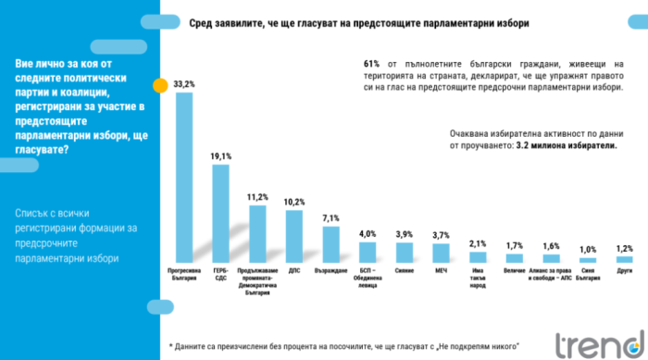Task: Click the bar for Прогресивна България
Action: coord(184,176)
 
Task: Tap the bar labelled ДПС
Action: coord(294,237)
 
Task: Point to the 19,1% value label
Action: coord(221,156)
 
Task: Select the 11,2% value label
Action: coord(257,197)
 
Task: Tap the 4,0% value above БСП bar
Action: coord(368,233)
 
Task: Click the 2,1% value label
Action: coord(478,243)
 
